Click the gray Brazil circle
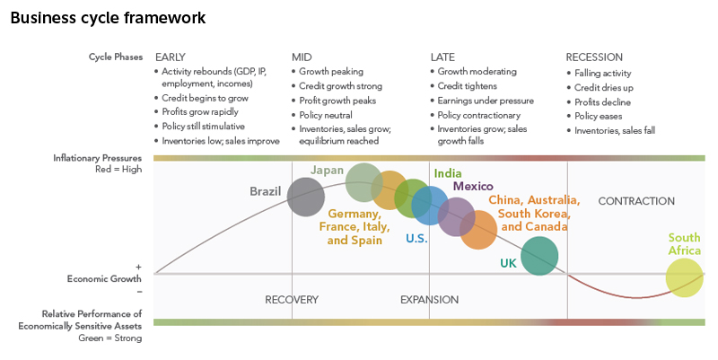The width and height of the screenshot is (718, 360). click(306, 198)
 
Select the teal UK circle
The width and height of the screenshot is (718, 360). click(539, 257)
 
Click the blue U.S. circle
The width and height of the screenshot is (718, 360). click(430, 206)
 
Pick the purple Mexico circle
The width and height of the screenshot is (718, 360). click(456, 215)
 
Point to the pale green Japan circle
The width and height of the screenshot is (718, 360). click(364, 182)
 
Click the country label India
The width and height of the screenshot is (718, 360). click(448, 172)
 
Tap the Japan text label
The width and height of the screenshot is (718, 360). click(327, 170)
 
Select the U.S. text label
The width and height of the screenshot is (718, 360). click(416, 239)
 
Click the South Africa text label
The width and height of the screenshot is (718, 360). click(684, 244)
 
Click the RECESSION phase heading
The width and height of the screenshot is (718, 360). click(594, 57)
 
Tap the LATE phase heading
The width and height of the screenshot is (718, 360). click(442, 57)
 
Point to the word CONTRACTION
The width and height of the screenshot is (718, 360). click(636, 201)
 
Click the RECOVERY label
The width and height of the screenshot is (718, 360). click(292, 300)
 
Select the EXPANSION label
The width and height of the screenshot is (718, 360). click(429, 300)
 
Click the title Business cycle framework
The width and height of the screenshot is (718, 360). click(108, 17)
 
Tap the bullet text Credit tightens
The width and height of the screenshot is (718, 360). click(472, 86)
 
